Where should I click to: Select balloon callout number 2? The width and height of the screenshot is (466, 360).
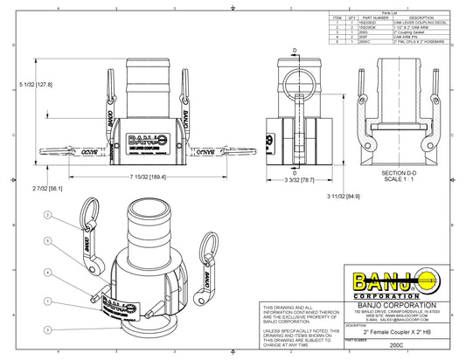49,213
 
